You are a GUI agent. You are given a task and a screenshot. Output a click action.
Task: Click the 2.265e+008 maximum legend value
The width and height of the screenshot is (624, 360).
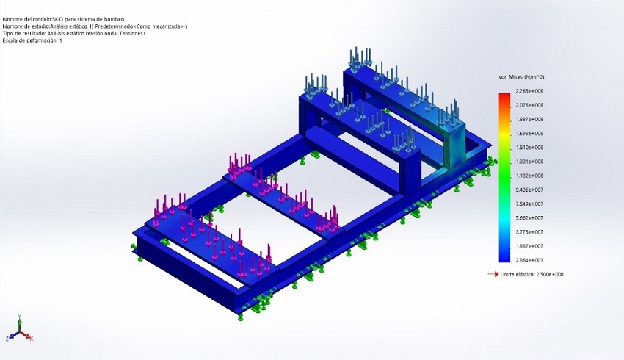tap(529, 91)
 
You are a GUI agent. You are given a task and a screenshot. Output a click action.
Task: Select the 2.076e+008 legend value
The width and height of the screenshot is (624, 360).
tap(529, 105)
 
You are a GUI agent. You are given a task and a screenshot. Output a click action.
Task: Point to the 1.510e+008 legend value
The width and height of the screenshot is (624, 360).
tap(529, 148)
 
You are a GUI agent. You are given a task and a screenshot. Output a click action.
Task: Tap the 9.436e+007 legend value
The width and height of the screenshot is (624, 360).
tap(529, 190)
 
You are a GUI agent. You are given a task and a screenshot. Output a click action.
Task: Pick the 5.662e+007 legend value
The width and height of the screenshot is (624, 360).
tap(529, 217)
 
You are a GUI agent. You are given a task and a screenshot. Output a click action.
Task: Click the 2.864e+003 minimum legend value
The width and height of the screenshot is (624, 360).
tap(529, 260)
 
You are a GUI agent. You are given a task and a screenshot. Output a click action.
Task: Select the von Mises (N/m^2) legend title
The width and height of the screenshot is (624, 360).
tap(521, 77)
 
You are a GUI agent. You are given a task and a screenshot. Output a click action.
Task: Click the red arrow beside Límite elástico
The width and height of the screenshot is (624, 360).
tap(493, 274)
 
